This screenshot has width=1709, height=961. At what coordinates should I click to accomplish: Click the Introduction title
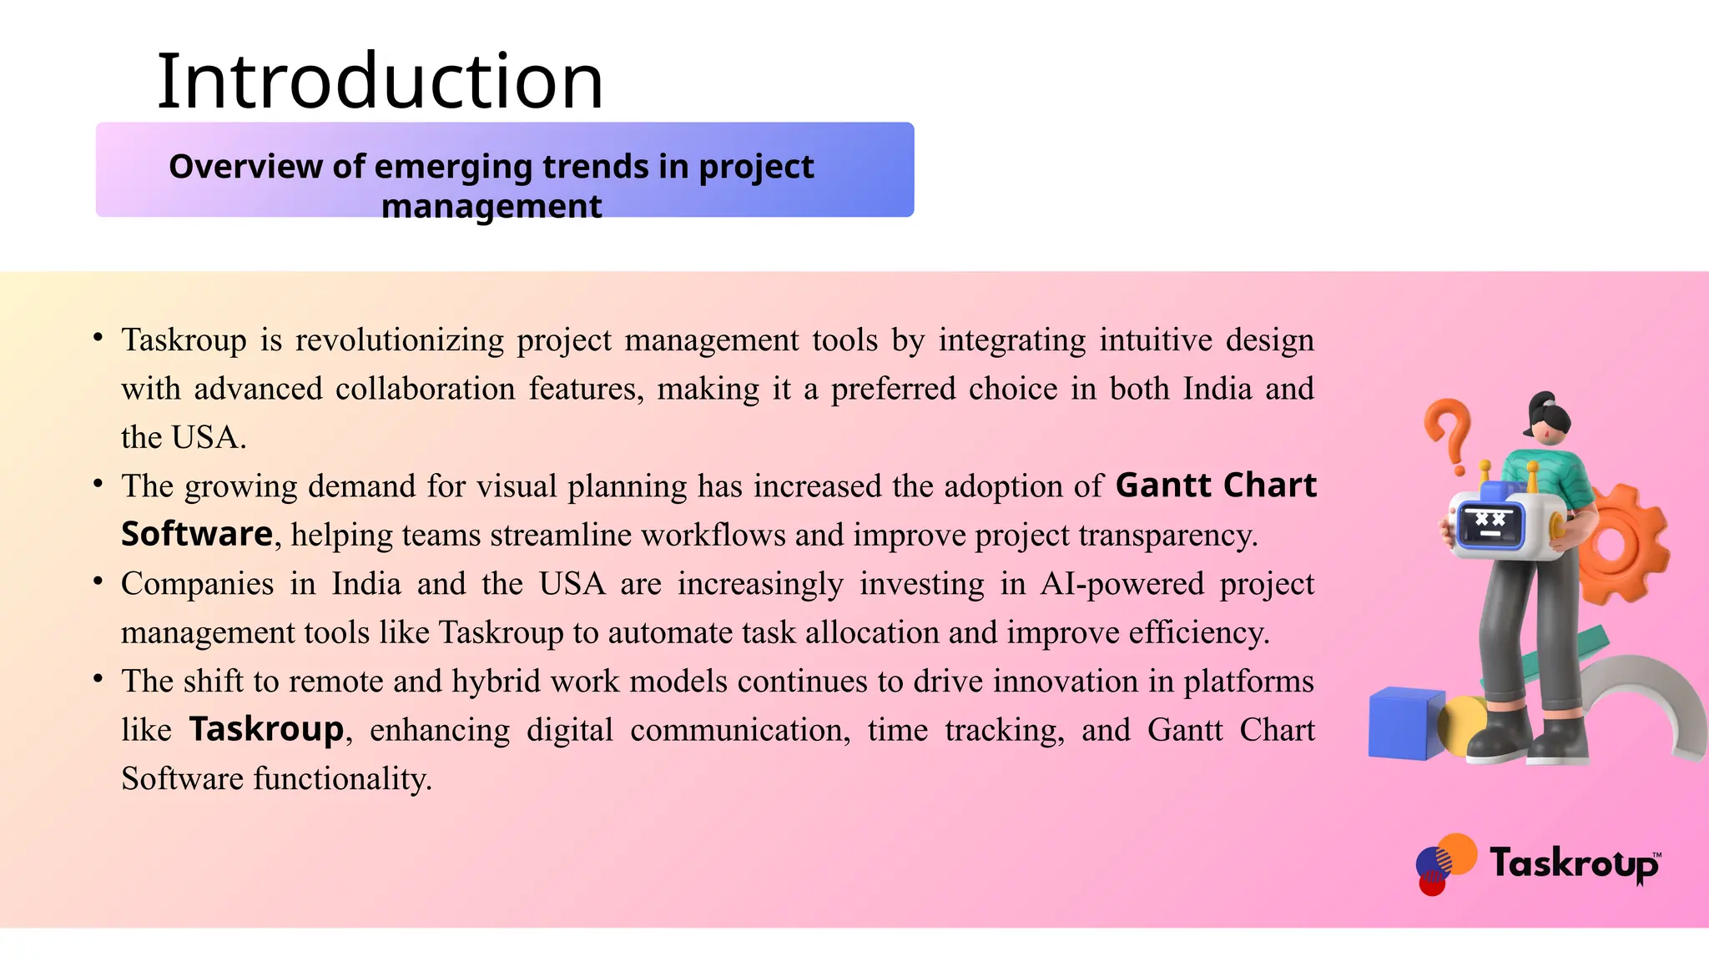tap(380, 82)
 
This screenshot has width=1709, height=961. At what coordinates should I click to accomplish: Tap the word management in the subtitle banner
tap(492, 206)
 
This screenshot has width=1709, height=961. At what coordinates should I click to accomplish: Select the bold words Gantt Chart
tap(1215, 486)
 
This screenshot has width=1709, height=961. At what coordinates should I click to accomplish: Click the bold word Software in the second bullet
tap(197, 534)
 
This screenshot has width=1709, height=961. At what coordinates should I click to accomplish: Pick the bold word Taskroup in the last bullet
tap(266, 729)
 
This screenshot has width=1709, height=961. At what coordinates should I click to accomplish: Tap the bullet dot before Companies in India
tap(98, 581)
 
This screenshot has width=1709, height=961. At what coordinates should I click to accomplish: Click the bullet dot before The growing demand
tap(98, 483)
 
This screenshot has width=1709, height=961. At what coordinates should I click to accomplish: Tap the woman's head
tap(1549, 420)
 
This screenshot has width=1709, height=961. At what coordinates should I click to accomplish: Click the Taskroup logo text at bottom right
tap(1573, 863)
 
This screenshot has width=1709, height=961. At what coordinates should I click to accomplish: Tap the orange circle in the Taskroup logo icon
tap(1459, 853)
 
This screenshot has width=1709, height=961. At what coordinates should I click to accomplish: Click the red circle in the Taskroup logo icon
tap(1432, 883)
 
